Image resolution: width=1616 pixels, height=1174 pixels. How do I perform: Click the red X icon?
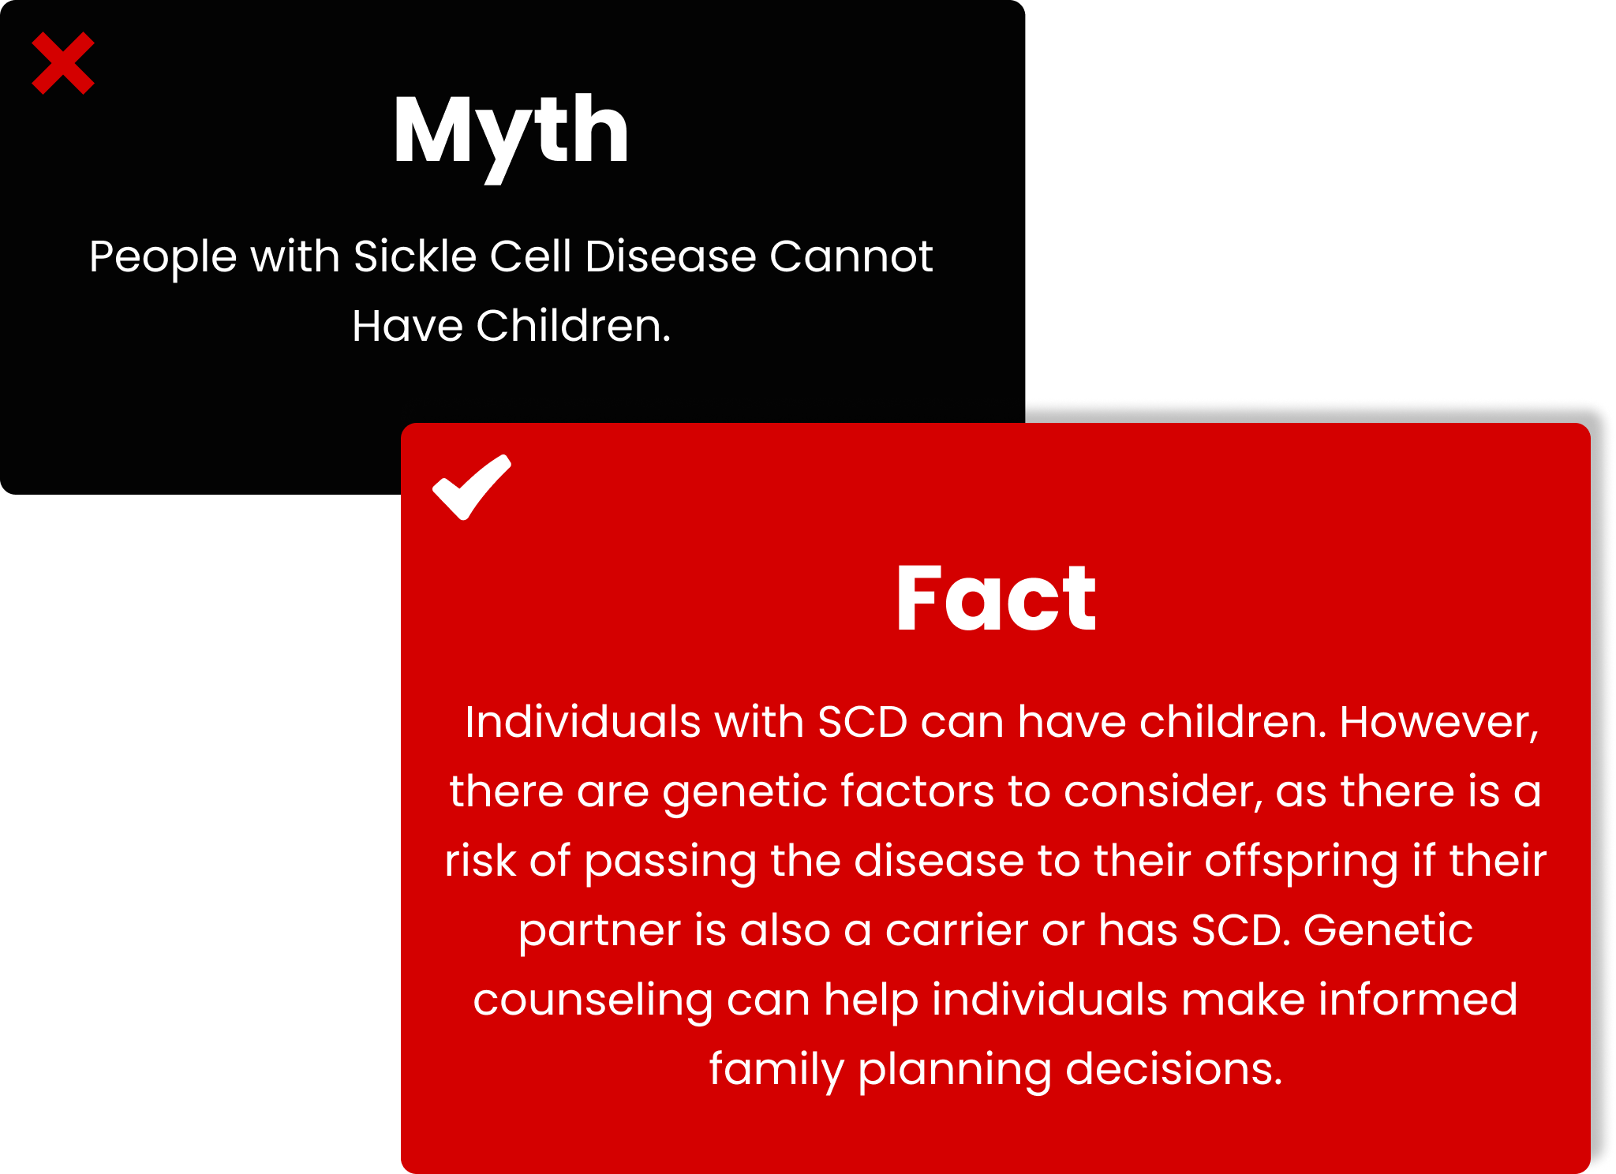click(63, 63)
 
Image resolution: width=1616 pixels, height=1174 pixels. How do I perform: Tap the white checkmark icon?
click(472, 487)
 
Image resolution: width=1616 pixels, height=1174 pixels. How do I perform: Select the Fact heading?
click(996, 598)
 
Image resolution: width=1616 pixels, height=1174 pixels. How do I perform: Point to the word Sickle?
click(415, 256)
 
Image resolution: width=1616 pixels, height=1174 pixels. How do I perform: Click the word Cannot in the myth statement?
click(851, 256)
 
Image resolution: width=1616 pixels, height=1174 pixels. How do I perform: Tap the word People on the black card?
click(163, 257)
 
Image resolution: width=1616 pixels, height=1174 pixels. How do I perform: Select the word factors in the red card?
click(917, 791)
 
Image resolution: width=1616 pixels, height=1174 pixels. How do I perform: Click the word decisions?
click(1174, 1069)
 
